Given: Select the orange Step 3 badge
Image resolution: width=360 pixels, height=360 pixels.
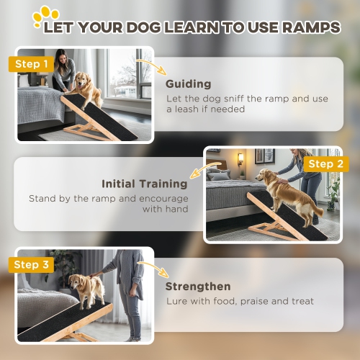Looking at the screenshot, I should [31, 265].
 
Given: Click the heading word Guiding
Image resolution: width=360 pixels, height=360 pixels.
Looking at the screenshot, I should [188, 84].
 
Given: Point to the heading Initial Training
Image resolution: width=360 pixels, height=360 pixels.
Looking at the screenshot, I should [145, 184].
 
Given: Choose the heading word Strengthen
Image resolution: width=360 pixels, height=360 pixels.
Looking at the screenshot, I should [198, 286].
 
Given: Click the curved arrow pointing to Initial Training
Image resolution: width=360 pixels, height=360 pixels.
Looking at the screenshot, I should [204, 171].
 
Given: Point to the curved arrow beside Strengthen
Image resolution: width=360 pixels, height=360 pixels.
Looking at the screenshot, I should [152, 269].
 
